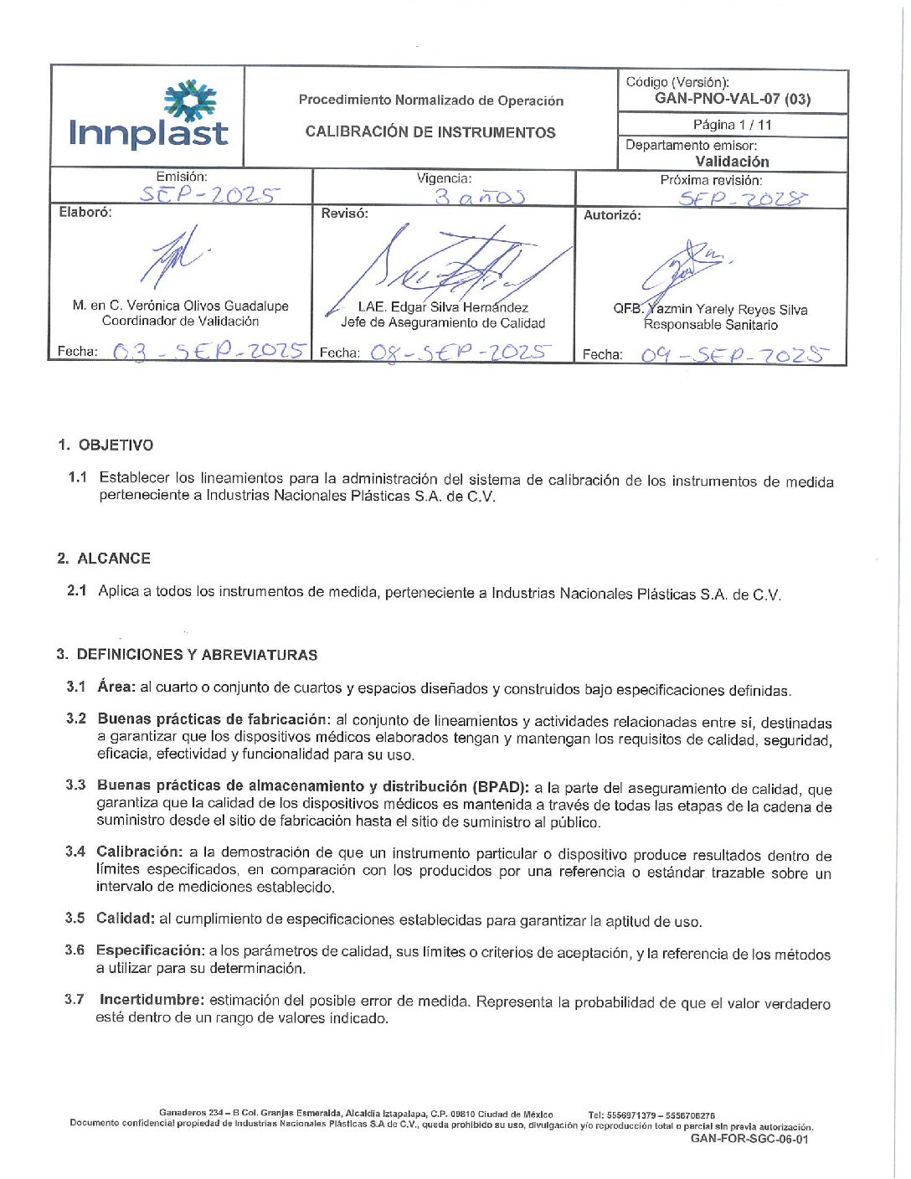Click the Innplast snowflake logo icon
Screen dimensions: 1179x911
pyautogui.click(x=189, y=100)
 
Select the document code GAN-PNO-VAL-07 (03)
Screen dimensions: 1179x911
pyautogui.click(x=732, y=99)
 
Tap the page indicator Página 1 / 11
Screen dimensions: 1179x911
pyautogui.click(x=732, y=125)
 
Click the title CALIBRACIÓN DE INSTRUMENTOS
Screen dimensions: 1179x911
pyautogui.click(x=430, y=132)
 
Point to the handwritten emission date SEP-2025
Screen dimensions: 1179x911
pyautogui.click(x=208, y=194)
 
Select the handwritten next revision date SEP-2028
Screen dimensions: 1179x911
pyautogui.click(x=743, y=198)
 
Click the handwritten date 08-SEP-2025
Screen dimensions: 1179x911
pyautogui.click(x=461, y=353)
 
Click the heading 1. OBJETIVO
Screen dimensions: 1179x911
pyautogui.click(x=106, y=445)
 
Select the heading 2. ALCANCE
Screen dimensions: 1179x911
pyautogui.click(x=105, y=559)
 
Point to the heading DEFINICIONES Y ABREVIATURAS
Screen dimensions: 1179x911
pyautogui.click(x=197, y=655)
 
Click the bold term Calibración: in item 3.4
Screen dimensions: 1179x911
pyautogui.click(x=139, y=852)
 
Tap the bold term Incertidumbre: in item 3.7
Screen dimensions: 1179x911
pyautogui.click(x=152, y=1000)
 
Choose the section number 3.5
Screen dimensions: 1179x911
pyautogui.click(x=75, y=919)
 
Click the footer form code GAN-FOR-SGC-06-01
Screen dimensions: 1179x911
pyautogui.click(x=749, y=1139)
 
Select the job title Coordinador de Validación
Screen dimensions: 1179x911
pyautogui.click(x=180, y=321)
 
